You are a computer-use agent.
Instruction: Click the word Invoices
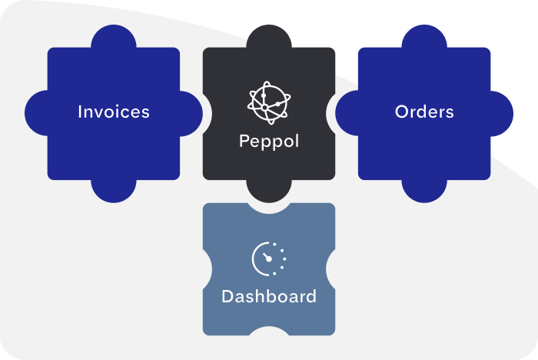114,112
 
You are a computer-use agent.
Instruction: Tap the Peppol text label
268,142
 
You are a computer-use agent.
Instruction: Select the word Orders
424,112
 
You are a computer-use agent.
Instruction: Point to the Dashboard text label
268,296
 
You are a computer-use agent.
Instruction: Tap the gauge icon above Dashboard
268,259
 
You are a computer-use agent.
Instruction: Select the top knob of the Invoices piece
114,37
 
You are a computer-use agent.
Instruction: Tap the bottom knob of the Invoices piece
114,190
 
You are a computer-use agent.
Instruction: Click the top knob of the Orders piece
424,37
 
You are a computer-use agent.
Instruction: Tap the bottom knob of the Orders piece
424,190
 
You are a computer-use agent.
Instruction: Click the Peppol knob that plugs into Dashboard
268,192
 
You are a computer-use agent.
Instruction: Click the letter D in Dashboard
227,296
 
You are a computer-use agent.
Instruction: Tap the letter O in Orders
401,112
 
